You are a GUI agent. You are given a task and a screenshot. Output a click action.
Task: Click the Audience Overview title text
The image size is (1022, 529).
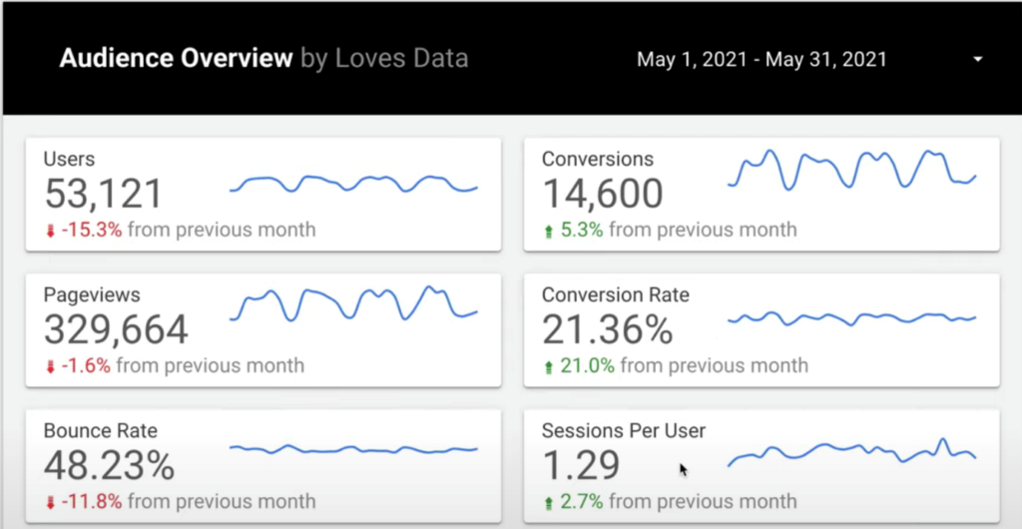click(x=175, y=58)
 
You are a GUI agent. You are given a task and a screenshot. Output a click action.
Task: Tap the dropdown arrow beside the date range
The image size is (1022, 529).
click(x=978, y=60)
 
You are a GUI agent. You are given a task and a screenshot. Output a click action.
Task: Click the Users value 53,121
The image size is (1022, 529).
click(x=104, y=195)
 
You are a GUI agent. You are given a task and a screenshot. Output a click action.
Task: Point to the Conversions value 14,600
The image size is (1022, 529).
click(x=602, y=195)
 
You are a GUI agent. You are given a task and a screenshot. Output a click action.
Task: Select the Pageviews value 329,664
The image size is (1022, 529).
click(x=116, y=330)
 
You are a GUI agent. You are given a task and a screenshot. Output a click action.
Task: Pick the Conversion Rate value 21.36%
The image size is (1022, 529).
click(x=608, y=330)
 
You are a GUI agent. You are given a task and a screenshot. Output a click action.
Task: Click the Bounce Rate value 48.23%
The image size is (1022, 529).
click(x=110, y=465)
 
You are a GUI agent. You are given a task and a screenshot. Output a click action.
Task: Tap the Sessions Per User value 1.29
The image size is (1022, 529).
click(x=581, y=465)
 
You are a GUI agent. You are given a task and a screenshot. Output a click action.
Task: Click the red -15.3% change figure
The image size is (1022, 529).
click(x=91, y=230)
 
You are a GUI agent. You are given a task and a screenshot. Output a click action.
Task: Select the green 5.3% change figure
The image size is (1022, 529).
click(x=581, y=230)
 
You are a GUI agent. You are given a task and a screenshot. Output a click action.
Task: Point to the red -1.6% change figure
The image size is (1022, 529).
click(x=86, y=365)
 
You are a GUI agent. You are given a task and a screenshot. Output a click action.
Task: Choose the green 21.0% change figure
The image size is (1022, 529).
click(x=587, y=365)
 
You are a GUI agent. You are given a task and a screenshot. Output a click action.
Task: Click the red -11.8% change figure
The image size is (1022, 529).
click(x=91, y=501)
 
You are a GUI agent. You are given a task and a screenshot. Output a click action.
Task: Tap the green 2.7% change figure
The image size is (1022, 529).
click(x=581, y=501)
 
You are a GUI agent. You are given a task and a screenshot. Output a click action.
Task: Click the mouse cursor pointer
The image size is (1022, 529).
click(x=684, y=469)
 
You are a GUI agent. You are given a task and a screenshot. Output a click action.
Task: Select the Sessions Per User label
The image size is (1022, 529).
click(x=623, y=431)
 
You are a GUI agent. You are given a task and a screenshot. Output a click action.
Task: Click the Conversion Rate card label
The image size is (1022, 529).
click(x=615, y=295)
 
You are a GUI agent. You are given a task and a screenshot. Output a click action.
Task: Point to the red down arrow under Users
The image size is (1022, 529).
click(x=50, y=231)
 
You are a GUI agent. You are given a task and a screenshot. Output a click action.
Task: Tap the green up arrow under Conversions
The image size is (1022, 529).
click(x=548, y=231)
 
